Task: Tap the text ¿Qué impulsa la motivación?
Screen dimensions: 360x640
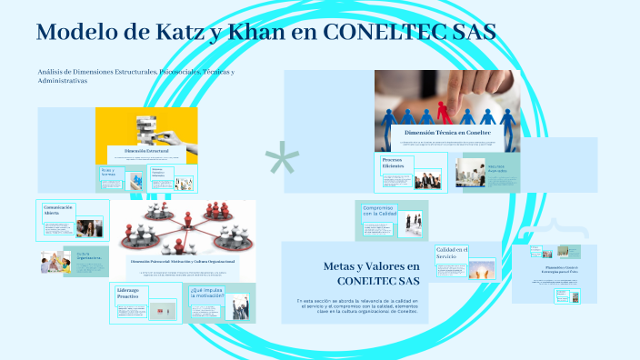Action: coord(206,293)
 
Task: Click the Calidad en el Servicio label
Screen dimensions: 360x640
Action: coord(451,253)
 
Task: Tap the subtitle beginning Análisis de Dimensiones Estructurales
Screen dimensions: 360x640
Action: coord(136,75)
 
